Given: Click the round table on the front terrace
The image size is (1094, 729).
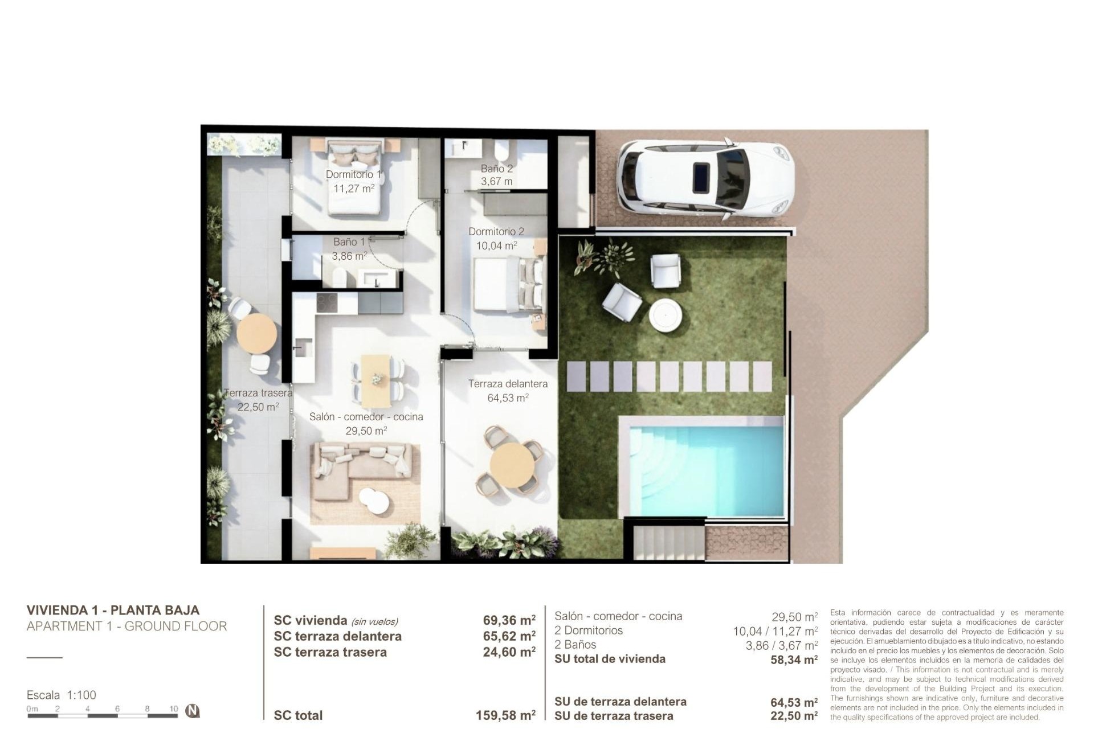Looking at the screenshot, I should click(x=512, y=465).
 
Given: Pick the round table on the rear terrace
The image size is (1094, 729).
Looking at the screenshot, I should click(x=257, y=333).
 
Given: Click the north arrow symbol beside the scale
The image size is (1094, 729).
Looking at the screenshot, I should click(x=193, y=711).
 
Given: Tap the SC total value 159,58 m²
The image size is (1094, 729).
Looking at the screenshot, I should click(x=505, y=715).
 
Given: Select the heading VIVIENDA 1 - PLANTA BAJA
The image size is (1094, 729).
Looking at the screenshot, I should click(x=113, y=610).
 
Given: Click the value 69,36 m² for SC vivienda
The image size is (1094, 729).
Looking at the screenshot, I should click(x=509, y=620).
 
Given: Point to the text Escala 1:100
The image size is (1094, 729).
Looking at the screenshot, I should click(x=62, y=695).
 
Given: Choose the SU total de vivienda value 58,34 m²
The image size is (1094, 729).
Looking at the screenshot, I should click(x=794, y=660).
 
